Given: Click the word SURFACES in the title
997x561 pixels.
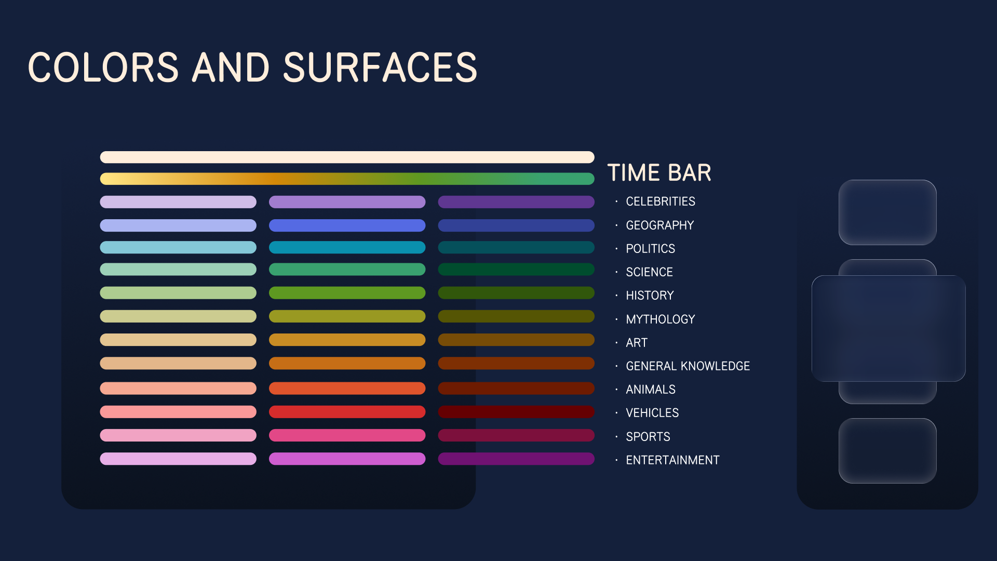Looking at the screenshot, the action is point(380,68).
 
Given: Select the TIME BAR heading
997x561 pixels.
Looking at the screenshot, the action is point(659,172).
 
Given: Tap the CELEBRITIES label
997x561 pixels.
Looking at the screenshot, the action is point(660,202).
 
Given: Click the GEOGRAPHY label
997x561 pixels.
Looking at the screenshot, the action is point(659,225).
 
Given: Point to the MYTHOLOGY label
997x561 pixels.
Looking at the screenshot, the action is point(660,319).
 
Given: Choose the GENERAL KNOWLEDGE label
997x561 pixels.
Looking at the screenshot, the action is point(688,366).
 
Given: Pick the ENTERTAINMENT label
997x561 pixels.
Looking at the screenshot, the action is point(672,460).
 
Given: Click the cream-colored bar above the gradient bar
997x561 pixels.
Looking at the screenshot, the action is point(347,157).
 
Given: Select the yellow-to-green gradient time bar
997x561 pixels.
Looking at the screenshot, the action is point(347,179).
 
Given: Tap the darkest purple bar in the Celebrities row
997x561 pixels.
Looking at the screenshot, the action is point(516,202).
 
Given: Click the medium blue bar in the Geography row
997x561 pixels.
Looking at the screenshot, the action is point(347,225).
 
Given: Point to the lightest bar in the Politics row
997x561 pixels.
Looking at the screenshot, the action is point(178,247).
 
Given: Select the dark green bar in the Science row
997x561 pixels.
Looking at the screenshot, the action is point(516,270).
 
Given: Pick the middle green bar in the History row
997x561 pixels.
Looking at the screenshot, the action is point(347,293).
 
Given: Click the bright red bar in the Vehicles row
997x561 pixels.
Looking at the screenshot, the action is point(347,412).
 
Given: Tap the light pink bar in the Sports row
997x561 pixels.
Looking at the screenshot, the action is point(178,435).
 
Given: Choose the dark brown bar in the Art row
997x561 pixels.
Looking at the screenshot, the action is point(516,340).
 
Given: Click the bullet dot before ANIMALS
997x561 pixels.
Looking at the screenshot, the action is point(616,390).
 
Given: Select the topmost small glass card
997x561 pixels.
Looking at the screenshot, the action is point(887,212).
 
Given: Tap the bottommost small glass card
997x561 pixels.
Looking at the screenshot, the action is point(887,451).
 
